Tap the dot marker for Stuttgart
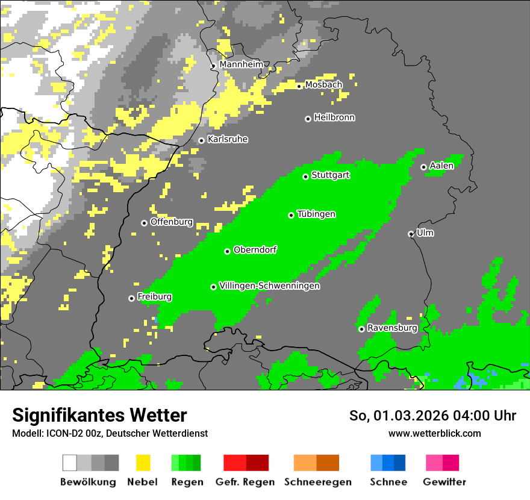305,177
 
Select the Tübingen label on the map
316,214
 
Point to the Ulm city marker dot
411,234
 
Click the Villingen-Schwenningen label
269,286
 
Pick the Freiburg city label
154,297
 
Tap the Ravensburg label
392,328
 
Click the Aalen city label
441,166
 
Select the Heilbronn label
334,117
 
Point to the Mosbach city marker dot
299,86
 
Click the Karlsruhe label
228,139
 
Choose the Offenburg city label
172,222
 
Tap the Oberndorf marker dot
227,251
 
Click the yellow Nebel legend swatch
143,463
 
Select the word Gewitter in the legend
444,482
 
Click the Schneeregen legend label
318,482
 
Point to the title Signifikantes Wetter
99,416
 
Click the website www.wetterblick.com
434,433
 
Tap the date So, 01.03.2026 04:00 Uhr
432,416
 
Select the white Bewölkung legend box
69,463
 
